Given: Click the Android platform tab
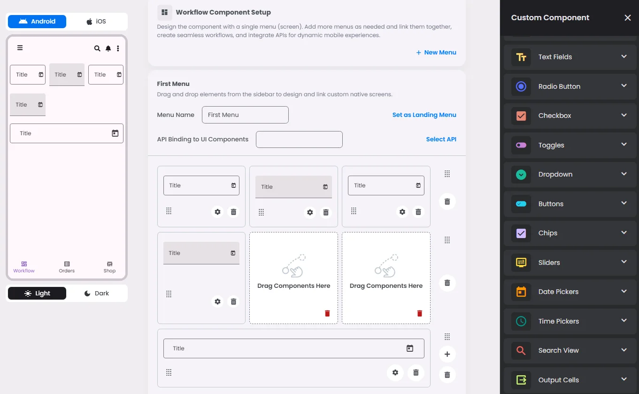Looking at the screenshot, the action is (37, 22).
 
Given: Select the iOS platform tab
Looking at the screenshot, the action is (96, 22).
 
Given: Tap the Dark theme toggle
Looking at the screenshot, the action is (96, 294).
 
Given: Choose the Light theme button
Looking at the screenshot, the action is (37, 294).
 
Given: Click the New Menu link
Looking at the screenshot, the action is (436, 53).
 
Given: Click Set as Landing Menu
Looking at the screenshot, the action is (424, 115).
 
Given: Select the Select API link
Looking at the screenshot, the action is (441, 139).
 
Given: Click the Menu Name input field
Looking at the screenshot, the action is (245, 115).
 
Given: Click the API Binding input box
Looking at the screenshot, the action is (299, 139).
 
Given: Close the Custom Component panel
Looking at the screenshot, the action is (627, 18).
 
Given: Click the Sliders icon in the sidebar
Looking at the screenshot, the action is (521, 262).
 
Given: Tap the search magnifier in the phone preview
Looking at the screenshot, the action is (97, 48).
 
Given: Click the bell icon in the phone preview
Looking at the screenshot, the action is (108, 48).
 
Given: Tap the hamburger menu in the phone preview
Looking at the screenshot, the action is (20, 47).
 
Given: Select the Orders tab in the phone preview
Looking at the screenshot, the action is (67, 267).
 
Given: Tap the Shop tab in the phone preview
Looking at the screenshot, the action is (109, 267).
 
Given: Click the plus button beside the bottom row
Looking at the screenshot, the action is (447, 354).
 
